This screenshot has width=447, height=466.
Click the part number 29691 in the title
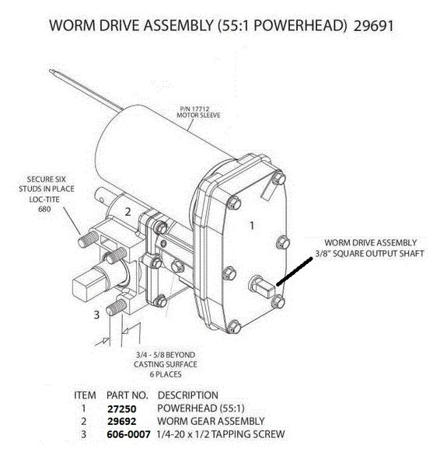pyautogui.click(x=374, y=26)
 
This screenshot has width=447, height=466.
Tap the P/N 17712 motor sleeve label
pyautogui.click(x=198, y=112)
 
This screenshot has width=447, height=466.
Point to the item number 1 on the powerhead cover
pyautogui.click(x=252, y=225)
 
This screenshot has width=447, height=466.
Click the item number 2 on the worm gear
pyautogui.click(x=128, y=212)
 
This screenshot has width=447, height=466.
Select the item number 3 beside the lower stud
pyautogui.click(x=96, y=315)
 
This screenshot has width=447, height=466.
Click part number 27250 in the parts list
pyautogui.click(x=122, y=409)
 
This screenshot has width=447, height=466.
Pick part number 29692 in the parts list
pyautogui.click(x=122, y=422)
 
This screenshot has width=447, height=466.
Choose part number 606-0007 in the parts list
pyautogui.click(x=128, y=434)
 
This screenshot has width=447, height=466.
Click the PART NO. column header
pyautogui.click(x=127, y=395)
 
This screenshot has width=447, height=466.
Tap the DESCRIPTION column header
pyautogui.click(x=188, y=395)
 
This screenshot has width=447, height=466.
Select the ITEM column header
pyautogui.click(x=85, y=395)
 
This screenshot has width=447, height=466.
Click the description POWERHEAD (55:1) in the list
pyautogui.click(x=201, y=409)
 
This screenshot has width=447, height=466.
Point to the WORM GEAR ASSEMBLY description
pyautogui.click(x=211, y=421)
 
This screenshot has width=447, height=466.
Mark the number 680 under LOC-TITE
pyautogui.click(x=44, y=209)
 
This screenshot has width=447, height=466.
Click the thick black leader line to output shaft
pyautogui.click(x=295, y=272)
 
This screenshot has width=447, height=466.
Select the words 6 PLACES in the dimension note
pyautogui.click(x=166, y=374)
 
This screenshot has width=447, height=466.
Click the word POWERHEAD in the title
pyautogui.click(x=300, y=26)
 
